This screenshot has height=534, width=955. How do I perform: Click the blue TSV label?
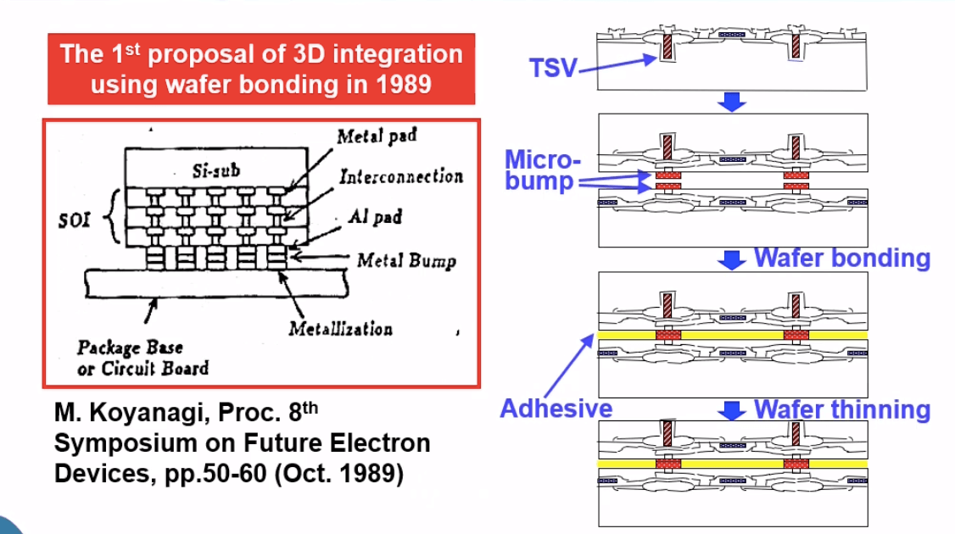[553, 68]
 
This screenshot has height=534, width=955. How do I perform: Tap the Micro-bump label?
[542, 170]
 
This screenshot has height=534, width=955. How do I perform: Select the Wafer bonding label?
[841, 258]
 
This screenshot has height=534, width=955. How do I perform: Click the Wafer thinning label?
[841, 409]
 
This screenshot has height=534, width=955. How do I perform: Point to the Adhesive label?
[556, 409]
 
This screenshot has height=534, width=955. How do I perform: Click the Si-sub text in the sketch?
[216, 170]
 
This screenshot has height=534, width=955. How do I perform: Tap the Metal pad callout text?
[377, 137]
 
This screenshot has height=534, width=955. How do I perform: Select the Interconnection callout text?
[401, 176]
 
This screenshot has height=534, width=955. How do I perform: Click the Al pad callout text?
[376, 216]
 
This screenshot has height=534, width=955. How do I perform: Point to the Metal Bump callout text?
[406, 260]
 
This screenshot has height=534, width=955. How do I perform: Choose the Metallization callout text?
[341, 329]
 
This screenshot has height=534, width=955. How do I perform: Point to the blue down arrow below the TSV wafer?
[731, 103]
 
